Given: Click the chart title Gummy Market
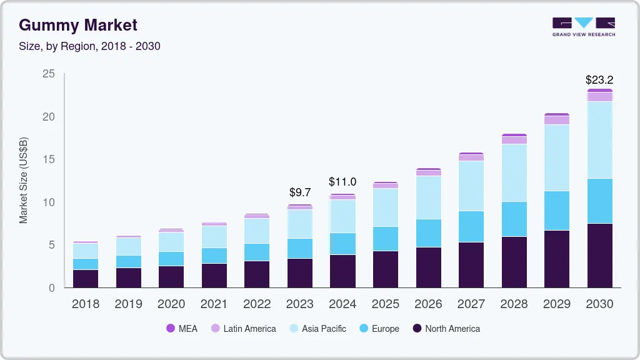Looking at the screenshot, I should [x=78, y=25].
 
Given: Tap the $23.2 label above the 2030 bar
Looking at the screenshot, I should [x=599, y=80].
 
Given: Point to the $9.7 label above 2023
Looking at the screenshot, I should [x=299, y=192].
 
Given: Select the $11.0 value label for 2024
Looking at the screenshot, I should [x=342, y=182].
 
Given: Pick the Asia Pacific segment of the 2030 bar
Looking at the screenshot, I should [x=599, y=140].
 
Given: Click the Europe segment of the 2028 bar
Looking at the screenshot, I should [x=514, y=219].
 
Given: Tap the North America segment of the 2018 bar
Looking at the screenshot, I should [x=86, y=278].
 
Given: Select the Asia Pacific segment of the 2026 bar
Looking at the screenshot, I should [x=428, y=197].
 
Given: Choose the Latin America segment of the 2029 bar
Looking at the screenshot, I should [x=556, y=120].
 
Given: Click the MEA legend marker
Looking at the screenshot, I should [x=171, y=329].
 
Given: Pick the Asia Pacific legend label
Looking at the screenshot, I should [x=323, y=329].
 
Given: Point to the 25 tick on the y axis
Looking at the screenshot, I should [x=48, y=74].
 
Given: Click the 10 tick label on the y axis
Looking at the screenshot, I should [x=48, y=202].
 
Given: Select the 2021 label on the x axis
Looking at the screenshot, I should [x=214, y=304].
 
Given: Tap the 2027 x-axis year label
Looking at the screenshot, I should [x=471, y=304].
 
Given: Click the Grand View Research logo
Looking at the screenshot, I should [x=583, y=27].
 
